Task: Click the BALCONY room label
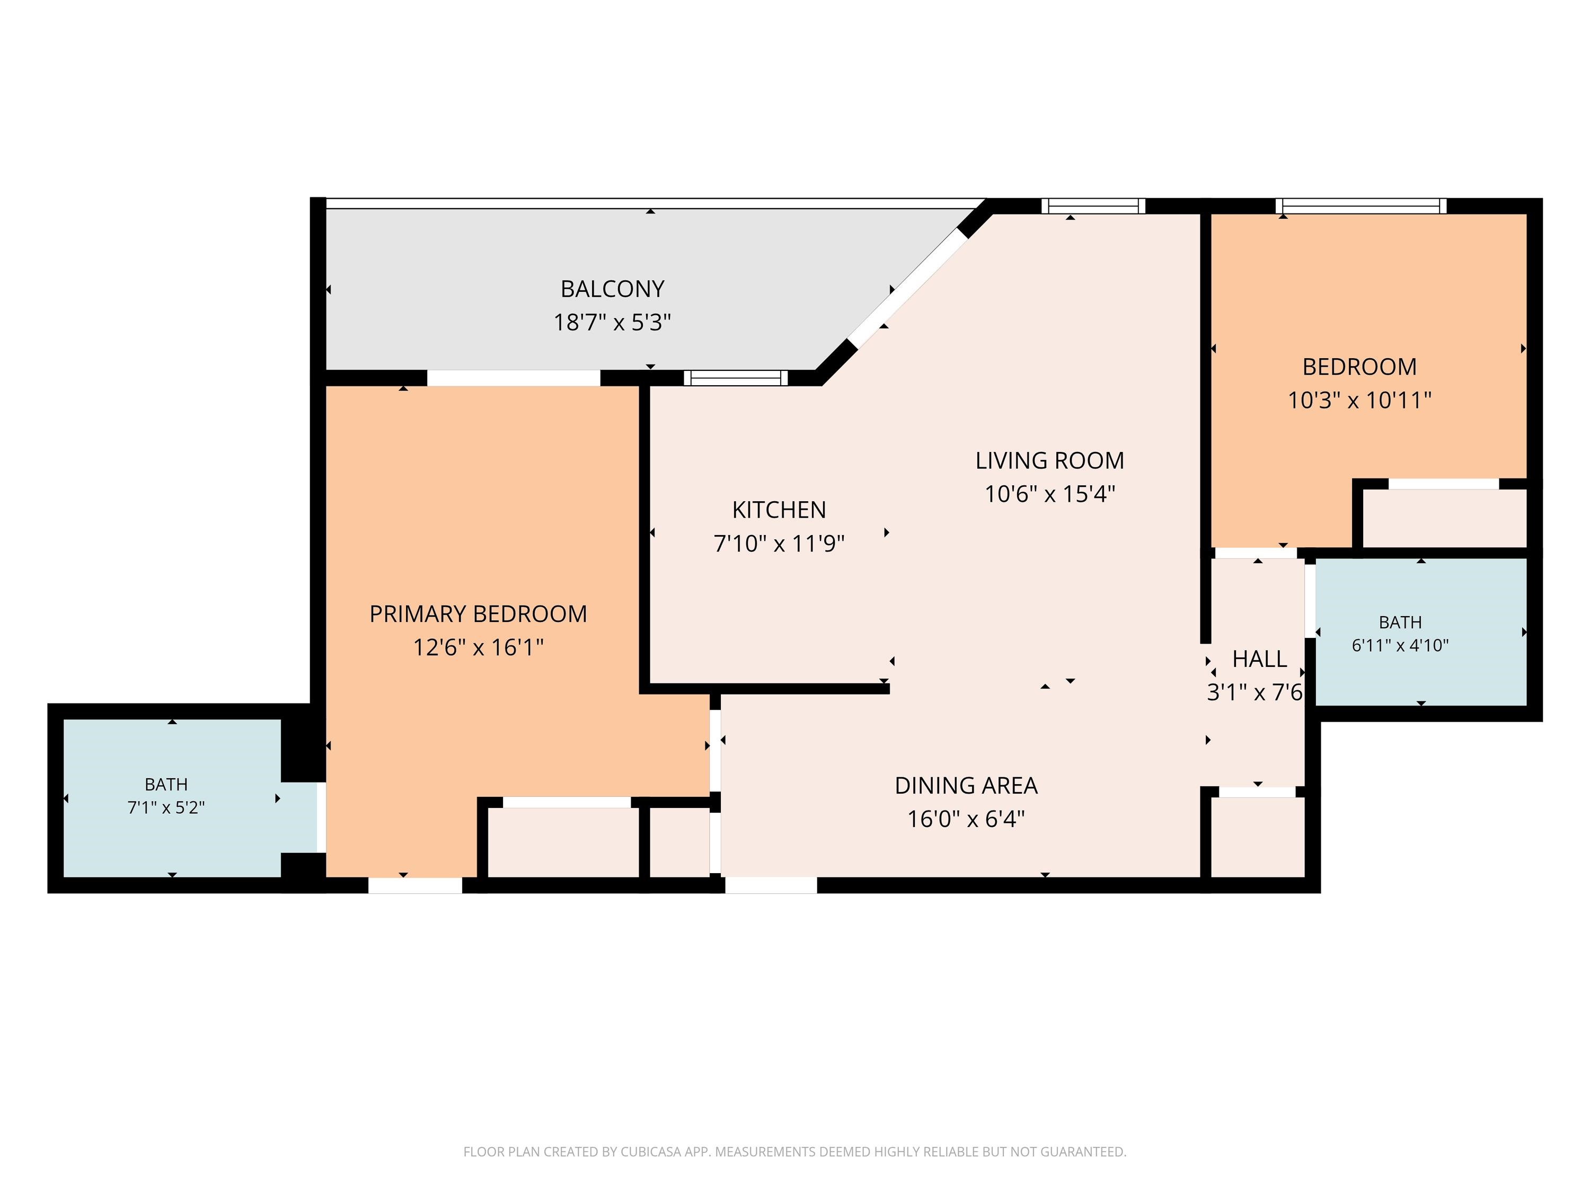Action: (613, 289)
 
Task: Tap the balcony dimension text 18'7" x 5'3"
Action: (613, 323)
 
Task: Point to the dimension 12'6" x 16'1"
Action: (478, 647)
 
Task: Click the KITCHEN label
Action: (779, 510)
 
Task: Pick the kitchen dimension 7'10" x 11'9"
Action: (779, 543)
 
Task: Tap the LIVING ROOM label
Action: (1049, 460)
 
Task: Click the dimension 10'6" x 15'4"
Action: (1049, 494)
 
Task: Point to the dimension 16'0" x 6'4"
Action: (966, 819)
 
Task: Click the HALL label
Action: (1259, 659)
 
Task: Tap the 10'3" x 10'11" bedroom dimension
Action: (1359, 400)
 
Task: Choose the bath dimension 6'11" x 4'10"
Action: (1400, 645)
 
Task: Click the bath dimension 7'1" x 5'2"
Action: (166, 807)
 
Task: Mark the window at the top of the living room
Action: (1093, 206)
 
